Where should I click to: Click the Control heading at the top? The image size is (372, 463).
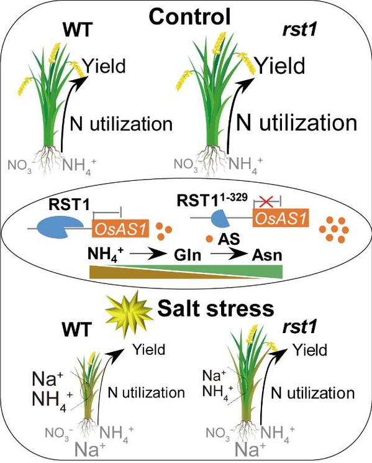(x=189, y=16)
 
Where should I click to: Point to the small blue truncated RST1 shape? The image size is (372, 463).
(x=220, y=219)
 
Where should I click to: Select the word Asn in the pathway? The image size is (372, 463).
(x=267, y=255)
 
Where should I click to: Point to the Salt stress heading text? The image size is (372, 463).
(x=216, y=309)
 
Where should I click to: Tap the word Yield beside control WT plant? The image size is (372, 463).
(x=104, y=66)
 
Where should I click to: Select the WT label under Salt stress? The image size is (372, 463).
(x=77, y=329)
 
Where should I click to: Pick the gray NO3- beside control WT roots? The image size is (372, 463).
(x=20, y=165)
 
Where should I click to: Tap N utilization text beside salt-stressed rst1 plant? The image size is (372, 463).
(x=312, y=393)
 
